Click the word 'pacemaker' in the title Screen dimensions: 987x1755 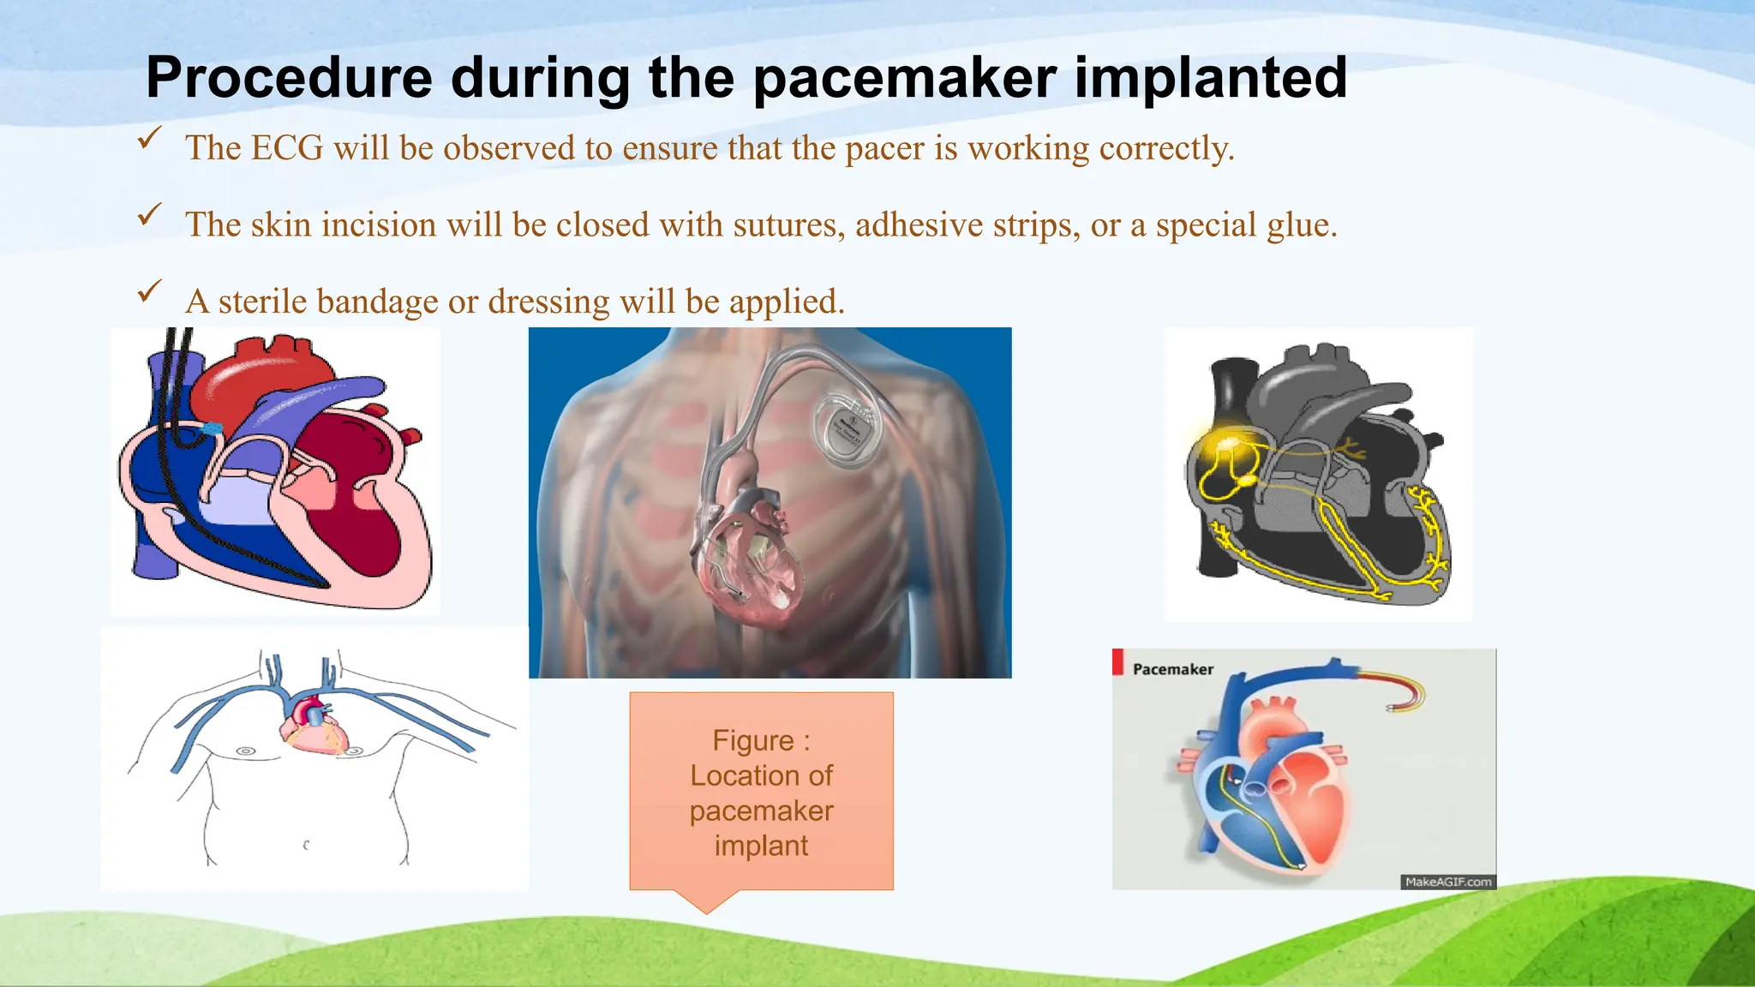point(906,79)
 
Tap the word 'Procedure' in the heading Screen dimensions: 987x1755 point(289,79)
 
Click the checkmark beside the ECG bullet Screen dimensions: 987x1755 point(149,138)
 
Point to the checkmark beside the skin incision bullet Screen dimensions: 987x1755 point(149,214)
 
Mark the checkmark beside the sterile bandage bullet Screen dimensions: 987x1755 point(149,291)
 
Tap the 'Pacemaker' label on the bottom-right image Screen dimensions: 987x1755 point(1173,669)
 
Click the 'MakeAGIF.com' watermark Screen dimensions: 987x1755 point(1448,882)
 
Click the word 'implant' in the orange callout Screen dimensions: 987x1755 point(761,846)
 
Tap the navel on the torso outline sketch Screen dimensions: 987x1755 point(306,845)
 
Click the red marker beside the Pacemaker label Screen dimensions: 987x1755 point(1117,661)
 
